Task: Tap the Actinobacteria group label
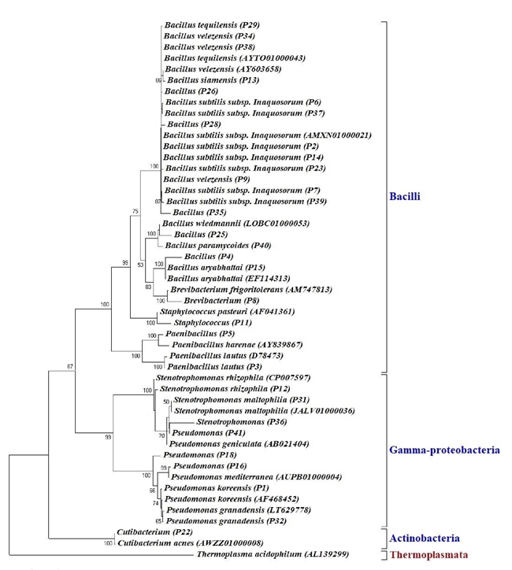(x=424, y=539)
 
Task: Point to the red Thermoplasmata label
(x=426, y=555)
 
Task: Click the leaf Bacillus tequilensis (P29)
(x=212, y=25)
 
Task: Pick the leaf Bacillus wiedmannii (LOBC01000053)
(x=235, y=224)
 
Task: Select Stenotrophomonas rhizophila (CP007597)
(x=224, y=378)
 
